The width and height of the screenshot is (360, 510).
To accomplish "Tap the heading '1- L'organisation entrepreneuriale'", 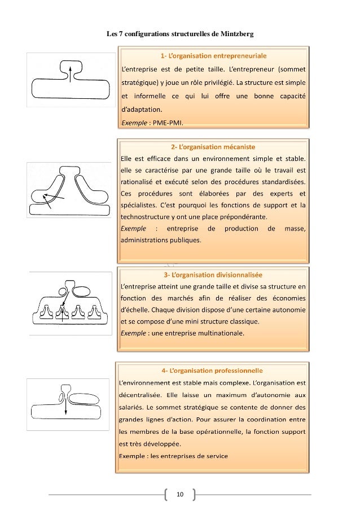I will pos(214,56).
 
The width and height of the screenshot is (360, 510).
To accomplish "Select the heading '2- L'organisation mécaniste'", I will pos(214,146).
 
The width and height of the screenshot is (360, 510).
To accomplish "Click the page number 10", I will pos(180,495).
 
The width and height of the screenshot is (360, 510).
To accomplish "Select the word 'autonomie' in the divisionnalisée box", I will pos(286,310).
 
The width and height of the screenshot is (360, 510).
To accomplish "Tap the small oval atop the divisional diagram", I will pos(81,291).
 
